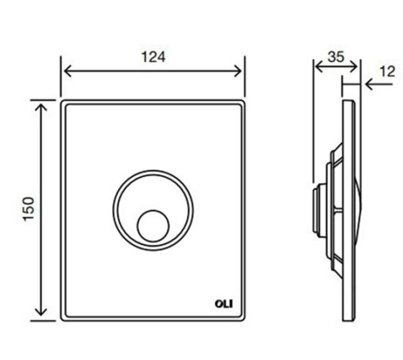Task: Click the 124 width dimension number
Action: [x=153, y=57]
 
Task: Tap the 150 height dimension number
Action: [x=29, y=209]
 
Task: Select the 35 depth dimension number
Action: [x=335, y=57]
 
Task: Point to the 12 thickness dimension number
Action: [x=387, y=71]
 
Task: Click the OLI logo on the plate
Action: [x=224, y=304]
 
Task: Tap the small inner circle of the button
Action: [x=153, y=226]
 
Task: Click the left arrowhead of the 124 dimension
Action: [x=68, y=71]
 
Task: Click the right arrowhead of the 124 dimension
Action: [x=238, y=71]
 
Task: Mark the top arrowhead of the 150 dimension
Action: [x=41, y=107]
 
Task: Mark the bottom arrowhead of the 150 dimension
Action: [x=41, y=312]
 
